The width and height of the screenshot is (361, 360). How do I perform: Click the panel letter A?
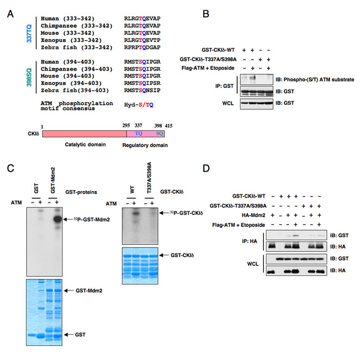pos(10,14)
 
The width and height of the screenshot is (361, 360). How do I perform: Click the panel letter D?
pos(206,168)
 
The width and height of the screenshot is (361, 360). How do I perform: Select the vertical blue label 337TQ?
pos(29,34)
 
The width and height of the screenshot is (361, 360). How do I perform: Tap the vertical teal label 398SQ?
pos(29,78)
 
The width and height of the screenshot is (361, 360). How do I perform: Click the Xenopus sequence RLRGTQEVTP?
pos(142,40)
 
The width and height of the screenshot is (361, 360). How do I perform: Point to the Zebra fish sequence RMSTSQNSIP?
pos(142,90)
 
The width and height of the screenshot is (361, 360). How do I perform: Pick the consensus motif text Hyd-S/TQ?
pos(138,105)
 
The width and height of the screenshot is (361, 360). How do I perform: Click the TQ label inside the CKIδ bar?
pos(138,134)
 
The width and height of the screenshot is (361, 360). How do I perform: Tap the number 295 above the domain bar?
pos(126,125)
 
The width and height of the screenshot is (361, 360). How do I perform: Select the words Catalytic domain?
pos(85,144)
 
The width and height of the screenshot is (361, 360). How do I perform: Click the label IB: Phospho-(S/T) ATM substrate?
pos(315,80)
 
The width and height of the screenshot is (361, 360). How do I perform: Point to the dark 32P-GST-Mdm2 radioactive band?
pos(58,219)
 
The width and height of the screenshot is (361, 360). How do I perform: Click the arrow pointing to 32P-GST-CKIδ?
pos(164,213)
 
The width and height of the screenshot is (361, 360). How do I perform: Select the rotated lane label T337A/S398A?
pos(149,178)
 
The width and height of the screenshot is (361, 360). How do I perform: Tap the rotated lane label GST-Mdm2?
pos(53,180)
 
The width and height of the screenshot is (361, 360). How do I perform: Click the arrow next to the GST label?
pos(68,334)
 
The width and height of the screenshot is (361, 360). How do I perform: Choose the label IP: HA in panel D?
pos(250,242)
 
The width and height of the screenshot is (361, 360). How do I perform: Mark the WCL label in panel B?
pos(228,103)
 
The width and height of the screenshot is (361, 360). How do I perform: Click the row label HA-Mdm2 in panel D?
pos(254,216)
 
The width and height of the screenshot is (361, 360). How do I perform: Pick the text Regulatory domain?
pos(145,146)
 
